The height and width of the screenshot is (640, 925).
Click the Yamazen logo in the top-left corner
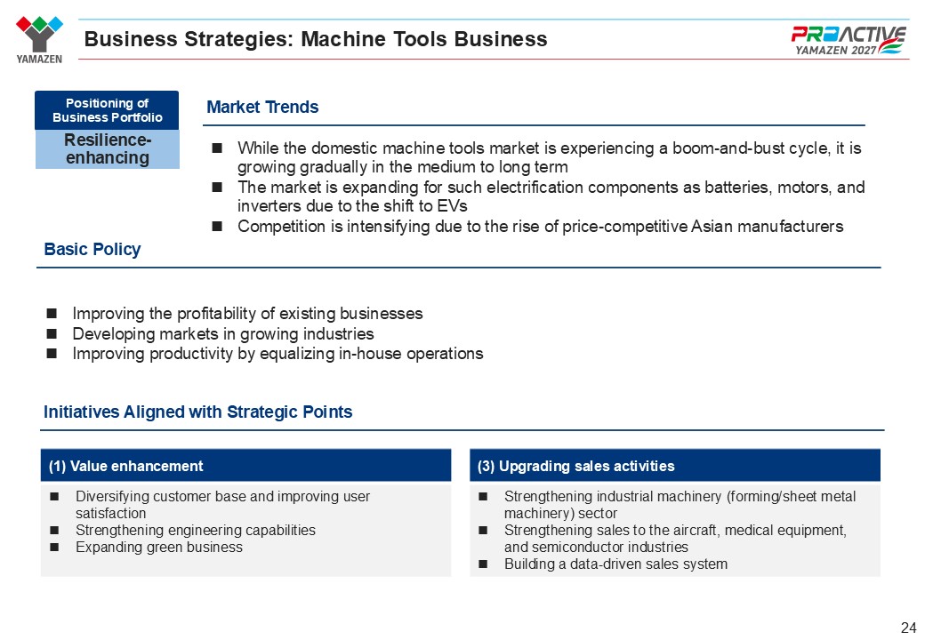click(x=39, y=39)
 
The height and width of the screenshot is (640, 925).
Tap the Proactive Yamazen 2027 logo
click(x=848, y=40)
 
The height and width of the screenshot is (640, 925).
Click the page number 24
click(x=908, y=627)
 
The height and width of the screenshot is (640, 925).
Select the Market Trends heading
click(x=262, y=107)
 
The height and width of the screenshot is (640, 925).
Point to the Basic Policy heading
click(x=92, y=249)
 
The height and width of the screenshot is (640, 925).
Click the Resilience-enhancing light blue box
click(x=108, y=149)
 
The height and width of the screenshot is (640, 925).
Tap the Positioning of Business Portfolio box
click(x=107, y=110)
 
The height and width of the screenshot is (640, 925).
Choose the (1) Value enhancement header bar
click(x=246, y=466)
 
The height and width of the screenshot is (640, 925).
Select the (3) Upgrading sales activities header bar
click(x=675, y=466)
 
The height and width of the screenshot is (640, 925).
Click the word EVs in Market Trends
click(x=453, y=205)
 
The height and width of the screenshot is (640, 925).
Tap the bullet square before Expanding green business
click(x=54, y=547)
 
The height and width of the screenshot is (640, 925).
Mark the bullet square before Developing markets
click(x=52, y=333)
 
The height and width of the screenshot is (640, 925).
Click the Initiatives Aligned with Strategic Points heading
click(x=197, y=412)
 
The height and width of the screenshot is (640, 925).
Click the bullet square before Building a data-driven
click(x=483, y=564)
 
